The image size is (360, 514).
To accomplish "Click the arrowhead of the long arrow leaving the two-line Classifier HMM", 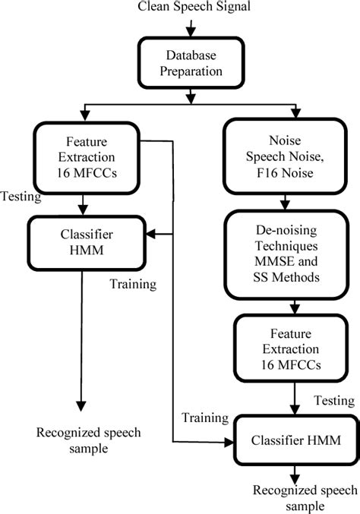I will click(81, 405).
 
